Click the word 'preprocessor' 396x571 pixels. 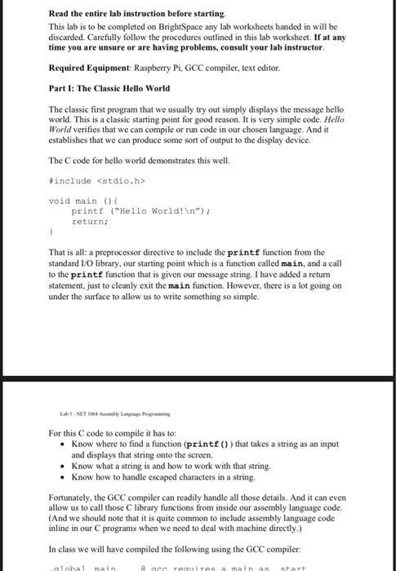point(126,252)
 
